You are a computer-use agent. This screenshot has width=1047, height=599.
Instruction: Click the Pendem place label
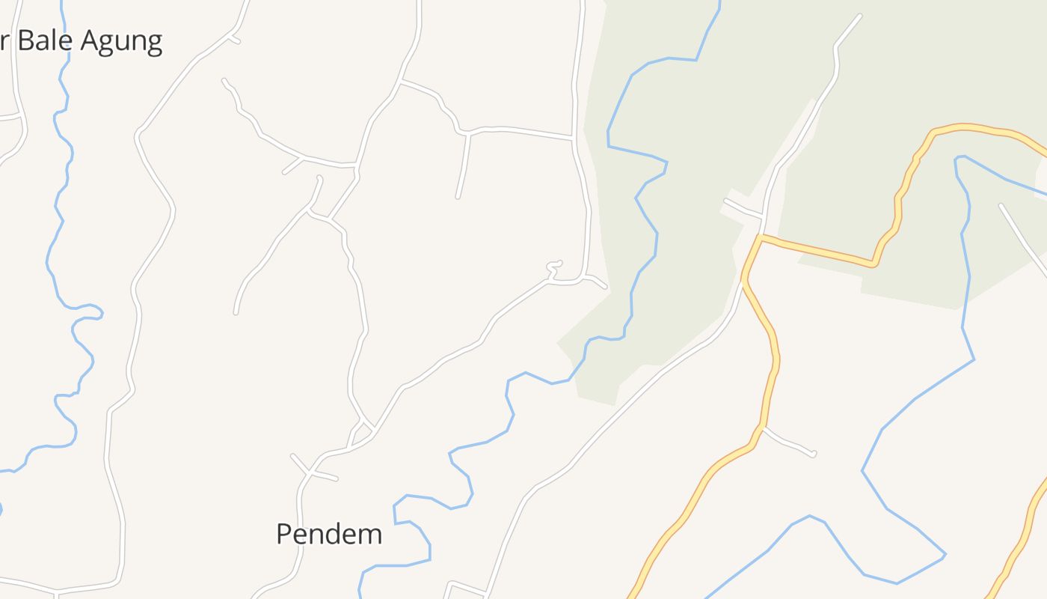[x=329, y=534]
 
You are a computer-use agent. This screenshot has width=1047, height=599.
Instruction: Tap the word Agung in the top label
[x=121, y=40]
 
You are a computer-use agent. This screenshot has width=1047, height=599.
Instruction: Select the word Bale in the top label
[x=45, y=40]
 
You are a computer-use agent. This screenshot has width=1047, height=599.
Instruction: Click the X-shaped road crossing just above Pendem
[x=309, y=472]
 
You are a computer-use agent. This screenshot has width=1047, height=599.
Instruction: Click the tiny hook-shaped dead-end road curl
[x=555, y=264]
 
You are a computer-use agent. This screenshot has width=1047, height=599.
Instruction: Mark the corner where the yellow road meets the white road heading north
[x=760, y=237]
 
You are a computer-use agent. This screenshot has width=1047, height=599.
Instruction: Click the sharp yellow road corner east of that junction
[x=873, y=264]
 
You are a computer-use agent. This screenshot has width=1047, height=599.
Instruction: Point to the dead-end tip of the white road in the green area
[x=859, y=16]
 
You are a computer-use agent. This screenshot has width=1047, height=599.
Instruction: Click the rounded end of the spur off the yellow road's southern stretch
[x=813, y=454]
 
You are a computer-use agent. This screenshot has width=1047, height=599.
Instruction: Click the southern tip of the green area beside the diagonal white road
[x=614, y=404]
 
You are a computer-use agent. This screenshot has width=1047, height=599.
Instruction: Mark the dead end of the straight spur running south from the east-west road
[x=458, y=197]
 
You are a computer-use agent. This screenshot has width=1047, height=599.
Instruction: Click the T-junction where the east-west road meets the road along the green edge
[x=574, y=139]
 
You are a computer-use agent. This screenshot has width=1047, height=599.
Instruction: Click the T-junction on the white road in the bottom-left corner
[x=56, y=594]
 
